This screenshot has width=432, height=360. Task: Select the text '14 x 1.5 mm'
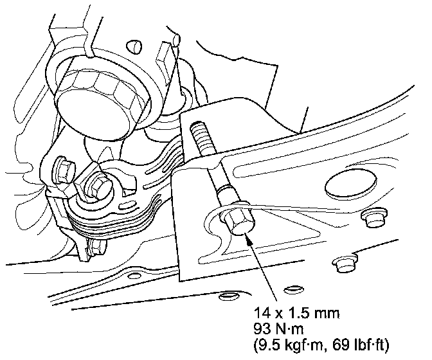tap(296, 313)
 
